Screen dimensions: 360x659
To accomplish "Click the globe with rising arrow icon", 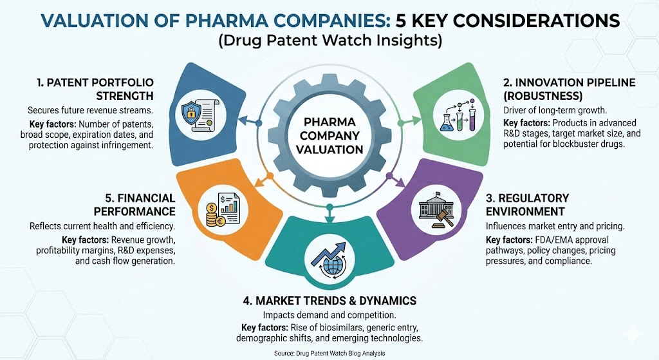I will coord(329,256).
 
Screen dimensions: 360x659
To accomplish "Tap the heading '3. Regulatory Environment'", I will coord(527,204).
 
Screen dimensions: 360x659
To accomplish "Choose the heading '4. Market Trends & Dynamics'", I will coord(329,300).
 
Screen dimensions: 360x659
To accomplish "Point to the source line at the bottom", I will coord(329,353).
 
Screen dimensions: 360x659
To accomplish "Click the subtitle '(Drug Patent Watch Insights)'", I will coord(329,41).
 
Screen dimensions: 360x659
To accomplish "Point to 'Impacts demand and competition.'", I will coord(329,315).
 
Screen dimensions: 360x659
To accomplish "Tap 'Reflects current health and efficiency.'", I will coord(102,226).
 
